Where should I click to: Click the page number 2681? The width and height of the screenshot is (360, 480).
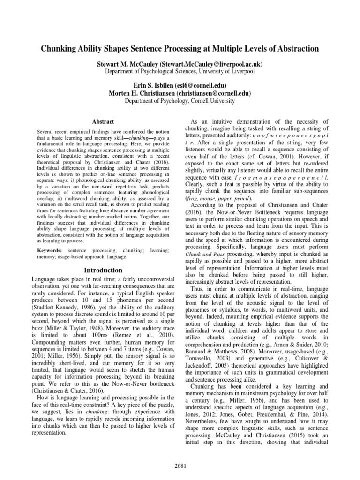coord(180,465)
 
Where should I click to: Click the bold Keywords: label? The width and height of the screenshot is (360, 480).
coord(50,251)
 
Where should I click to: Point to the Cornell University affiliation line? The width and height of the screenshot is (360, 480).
coord(180,100)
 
